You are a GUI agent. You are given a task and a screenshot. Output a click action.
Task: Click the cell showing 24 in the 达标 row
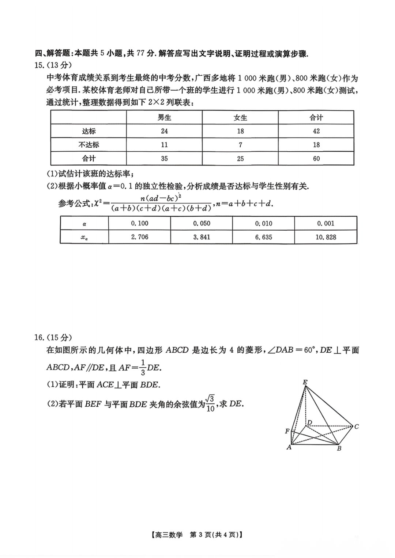[x=164, y=131]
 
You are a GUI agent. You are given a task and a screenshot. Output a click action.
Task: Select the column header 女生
[x=240, y=118]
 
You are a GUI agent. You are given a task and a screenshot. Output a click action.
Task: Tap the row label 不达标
[x=89, y=145]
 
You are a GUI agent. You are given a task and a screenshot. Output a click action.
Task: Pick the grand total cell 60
[x=316, y=159]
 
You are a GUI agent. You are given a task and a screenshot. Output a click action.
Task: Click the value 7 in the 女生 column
[x=240, y=145]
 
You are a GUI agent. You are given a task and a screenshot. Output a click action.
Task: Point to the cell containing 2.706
[x=140, y=237]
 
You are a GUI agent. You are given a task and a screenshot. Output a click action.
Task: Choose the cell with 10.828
[x=326, y=237]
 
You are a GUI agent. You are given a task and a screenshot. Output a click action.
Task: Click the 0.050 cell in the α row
[x=202, y=223]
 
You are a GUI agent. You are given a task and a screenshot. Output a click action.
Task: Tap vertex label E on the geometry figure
[x=305, y=382]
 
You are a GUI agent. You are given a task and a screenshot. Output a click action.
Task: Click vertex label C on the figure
[x=357, y=426]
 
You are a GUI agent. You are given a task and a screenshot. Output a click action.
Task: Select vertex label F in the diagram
[x=287, y=431]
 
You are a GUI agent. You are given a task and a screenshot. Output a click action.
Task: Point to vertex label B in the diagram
[x=339, y=448]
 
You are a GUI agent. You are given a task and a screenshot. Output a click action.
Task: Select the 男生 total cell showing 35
[x=164, y=159]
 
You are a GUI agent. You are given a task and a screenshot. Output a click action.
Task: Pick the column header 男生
[x=164, y=118]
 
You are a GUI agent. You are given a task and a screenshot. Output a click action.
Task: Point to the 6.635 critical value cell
[x=264, y=237]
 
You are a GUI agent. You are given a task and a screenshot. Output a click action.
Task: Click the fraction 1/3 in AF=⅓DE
[x=143, y=367]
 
